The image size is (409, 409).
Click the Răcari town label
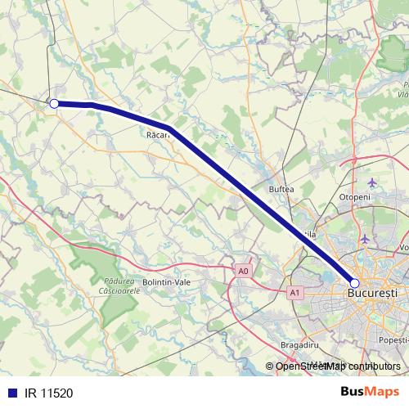point(158,136)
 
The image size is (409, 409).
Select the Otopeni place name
point(355,197)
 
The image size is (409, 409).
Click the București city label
point(372,292)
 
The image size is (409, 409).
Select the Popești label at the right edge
point(393,339)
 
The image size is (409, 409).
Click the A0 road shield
point(242,270)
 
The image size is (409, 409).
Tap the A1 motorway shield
point(295,292)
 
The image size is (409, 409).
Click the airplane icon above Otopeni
point(373,181)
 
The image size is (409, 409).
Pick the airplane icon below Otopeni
point(365,239)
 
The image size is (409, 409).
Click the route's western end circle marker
point(54,104)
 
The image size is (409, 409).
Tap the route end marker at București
point(354,282)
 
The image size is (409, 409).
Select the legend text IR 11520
point(48,393)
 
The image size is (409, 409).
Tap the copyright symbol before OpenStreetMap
point(269,366)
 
